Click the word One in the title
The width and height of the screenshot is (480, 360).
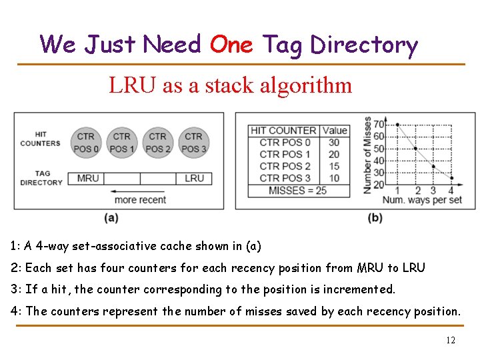pos(231,45)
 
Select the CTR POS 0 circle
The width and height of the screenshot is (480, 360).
pos(85,142)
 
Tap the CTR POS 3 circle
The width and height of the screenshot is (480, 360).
pos(193,142)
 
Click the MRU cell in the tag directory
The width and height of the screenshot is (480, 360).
pos(88,178)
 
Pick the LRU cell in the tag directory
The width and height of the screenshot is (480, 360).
pos(194,178)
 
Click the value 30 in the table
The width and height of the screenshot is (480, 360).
pos(334,142)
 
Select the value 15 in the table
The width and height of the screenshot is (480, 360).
pos(334,166)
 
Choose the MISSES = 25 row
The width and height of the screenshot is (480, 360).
pos(297,190)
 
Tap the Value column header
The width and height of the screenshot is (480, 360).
pos(334,130)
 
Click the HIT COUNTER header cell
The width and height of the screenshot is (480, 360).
pos(283,130)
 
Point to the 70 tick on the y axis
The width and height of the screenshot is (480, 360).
pos(379,124)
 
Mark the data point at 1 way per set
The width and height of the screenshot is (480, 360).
pos(397,125)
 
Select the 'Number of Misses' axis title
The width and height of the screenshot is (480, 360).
pos(367,155)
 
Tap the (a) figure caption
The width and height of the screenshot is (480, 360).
pos(111,217)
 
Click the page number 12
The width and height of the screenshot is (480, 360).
pos(451,340)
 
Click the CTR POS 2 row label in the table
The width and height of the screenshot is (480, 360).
pos(285,166)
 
